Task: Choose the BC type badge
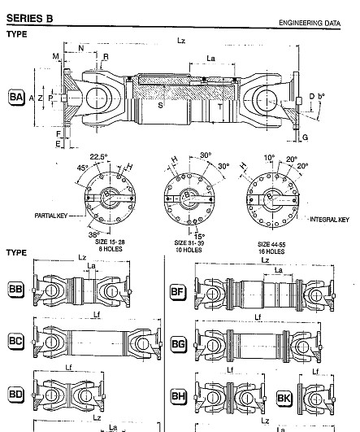click(15, 345)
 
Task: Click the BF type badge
click(178, 292)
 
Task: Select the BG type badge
click(179, 345)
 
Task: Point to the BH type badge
click(178, 396)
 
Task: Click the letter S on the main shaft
click(159, 105)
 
